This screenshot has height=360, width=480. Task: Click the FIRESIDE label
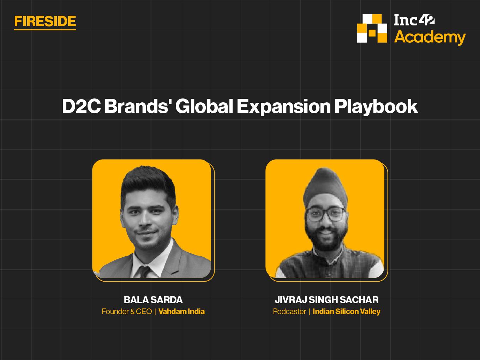click(x=45, y=22)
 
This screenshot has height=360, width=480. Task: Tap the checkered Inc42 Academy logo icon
click(x=372, y=29)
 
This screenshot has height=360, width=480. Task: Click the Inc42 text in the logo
click(x=414, y=20)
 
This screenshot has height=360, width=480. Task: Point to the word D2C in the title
click(x=81, y=106)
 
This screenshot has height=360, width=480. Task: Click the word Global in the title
click(x=204, y=106)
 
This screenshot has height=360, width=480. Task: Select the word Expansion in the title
click(x=284, y=107)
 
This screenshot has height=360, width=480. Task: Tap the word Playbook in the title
click(x=376, y=107)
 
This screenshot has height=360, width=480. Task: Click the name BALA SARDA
click(x=153, y=300)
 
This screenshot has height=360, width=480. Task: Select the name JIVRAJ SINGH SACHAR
click(x=326, y=300)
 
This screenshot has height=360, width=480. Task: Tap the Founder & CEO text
click(x=127, y=312)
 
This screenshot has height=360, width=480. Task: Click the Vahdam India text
click(x=181, y=312)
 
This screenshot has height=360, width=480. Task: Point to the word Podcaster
click(x=289, y=312)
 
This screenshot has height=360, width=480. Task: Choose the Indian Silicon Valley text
click(x=346, y=312)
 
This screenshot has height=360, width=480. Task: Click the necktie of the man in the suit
click(x=144, y=272)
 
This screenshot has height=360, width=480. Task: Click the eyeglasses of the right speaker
click(x=326, y=215)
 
